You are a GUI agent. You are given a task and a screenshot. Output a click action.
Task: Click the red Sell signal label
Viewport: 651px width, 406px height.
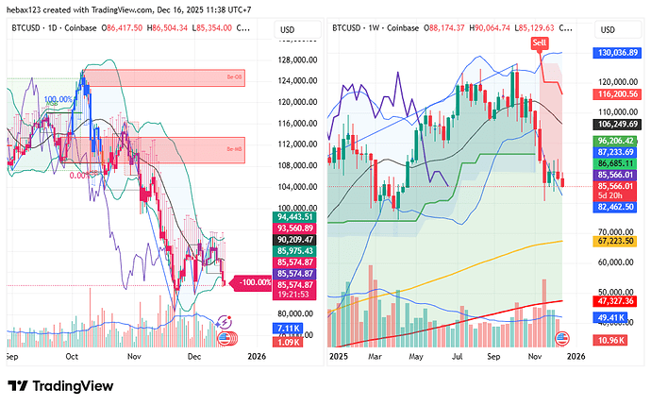(x=540, y=43)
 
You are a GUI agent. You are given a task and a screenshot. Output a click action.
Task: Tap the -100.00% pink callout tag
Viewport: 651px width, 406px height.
(x=255, y=282)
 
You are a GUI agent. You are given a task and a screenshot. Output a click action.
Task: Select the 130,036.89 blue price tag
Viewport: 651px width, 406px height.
(x=618, y=55)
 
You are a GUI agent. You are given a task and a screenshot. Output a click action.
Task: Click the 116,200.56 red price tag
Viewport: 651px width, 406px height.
(x=618, y=95)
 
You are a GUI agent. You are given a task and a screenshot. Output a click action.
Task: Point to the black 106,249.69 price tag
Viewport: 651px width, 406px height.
(x=618, y=123)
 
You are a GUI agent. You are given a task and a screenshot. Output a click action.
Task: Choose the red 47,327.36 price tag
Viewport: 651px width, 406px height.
(x=618, y=300)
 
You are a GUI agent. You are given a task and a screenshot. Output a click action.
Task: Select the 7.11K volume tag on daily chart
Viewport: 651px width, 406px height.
(x=287, y=328)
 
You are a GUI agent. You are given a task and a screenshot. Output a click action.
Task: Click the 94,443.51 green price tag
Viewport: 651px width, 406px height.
(x=295, y=216)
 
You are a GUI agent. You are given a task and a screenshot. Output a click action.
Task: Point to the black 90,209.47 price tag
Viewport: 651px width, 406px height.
(x=295, y=239)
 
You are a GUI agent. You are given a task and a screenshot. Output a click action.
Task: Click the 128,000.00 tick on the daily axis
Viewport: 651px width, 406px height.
(x=295, y=59)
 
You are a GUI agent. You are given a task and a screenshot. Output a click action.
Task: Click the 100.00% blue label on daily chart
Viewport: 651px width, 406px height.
(x=58, y=98)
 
